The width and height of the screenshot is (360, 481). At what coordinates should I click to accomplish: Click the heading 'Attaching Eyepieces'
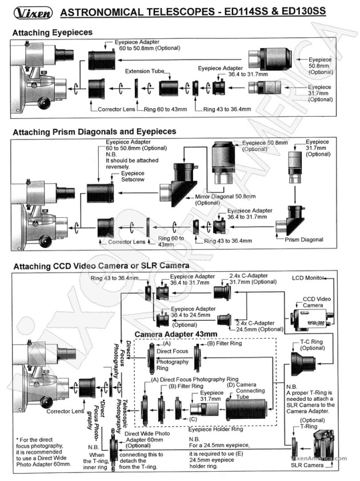coord(52,33)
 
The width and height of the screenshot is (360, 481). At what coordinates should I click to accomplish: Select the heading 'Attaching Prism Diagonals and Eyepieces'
coord(94,132)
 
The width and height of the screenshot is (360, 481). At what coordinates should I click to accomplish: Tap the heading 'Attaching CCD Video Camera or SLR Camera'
coord(101,266)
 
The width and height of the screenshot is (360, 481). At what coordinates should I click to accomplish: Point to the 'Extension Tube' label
coord(146,72)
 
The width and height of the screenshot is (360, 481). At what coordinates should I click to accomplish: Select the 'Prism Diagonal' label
coord(304,239)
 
